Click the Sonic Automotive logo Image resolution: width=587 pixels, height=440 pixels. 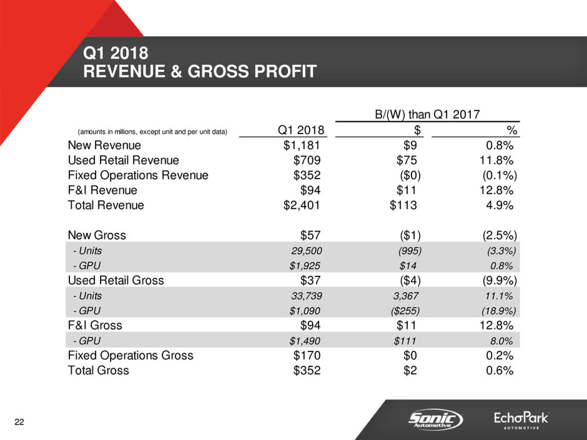click(x=436, y=419)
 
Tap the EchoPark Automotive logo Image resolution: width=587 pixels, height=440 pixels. click(x=520, y=419)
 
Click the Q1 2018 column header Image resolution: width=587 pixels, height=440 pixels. click(x=301, y=130)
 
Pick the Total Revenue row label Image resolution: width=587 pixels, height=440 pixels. click(x=106, y=205)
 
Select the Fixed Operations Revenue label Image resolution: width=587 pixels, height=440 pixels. click(x=138, y=175)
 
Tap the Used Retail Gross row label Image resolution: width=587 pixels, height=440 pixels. click(x=116, y=280)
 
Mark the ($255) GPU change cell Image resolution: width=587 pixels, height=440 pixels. click(x=404, y=310)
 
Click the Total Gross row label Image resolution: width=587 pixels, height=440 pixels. click(x=98, y=370)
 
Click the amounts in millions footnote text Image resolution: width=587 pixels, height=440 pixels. click(x=152, y=132)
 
